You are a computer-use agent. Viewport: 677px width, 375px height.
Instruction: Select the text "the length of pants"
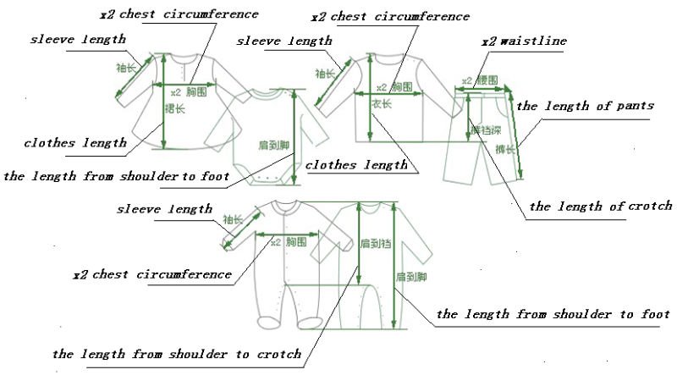point(585,106)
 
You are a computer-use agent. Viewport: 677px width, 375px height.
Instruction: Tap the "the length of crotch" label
point(600,206)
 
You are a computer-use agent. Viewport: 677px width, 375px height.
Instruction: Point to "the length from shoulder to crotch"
point(177,354)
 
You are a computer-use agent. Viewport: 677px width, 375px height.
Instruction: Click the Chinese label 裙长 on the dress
point(175,108)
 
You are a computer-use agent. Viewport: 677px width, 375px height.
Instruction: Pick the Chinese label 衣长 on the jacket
point(382,103)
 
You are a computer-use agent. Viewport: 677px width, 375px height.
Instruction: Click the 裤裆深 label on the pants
point(484,130)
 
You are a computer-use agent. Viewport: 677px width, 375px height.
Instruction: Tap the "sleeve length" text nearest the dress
point(78,39)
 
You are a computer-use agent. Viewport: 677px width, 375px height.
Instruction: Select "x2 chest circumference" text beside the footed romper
point(152,274)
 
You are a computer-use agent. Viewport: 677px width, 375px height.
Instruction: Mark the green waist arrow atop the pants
point(485,89)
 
